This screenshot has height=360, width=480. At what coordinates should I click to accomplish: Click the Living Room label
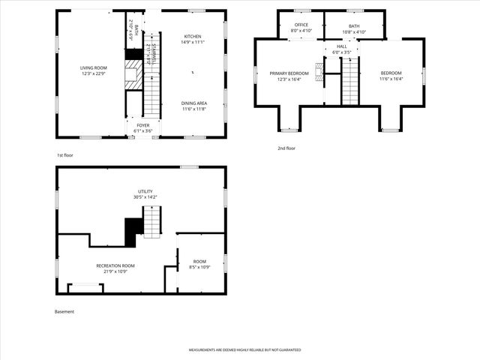click(94, 68)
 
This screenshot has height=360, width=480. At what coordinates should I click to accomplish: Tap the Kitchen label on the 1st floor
click(193, 36)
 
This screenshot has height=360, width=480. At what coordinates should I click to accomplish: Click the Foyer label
click(142, 124)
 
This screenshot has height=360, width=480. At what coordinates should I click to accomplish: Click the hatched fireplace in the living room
click(133, 75)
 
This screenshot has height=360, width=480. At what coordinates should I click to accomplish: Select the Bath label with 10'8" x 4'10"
click(354, 25)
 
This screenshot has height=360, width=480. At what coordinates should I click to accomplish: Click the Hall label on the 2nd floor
click(341, 46)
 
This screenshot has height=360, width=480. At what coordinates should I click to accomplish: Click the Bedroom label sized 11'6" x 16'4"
click(390, 73)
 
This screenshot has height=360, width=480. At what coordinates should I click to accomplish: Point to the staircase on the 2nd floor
click(350, 81)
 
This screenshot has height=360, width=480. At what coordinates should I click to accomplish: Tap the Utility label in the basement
click(145, 192)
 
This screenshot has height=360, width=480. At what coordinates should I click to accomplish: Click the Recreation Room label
click(115, 265)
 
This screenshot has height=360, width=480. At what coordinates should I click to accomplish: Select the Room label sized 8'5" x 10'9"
click(199, 261)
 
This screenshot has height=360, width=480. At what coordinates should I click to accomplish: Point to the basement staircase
click(152, 222)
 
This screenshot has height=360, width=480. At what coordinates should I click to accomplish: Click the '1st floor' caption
click(66, 155)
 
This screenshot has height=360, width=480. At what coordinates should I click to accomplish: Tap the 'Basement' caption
click(64, 311)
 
